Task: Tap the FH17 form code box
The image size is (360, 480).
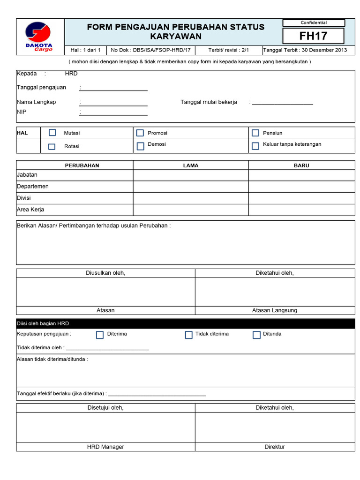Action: click(x=314, y=36)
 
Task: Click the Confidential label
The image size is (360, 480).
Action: click(x=314, y=22)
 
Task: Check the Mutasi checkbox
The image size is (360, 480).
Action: click(x=52, y=133)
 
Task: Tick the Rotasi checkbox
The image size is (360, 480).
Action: click(x=52, y=147)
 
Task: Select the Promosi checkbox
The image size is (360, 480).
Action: click(x=140, y=133)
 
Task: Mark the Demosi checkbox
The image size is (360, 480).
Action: click(x=140, y=146)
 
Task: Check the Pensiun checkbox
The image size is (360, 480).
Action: click(x=255, y=133)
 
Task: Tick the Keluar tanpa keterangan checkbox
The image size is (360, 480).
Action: click(x=255, y=146)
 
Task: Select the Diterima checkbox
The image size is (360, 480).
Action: click(x=100, y=335)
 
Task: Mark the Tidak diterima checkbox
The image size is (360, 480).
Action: click(x=188, y=335)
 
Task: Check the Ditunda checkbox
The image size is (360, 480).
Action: click(x=256, y=335)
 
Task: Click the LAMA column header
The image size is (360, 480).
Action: click(x=191, y=165)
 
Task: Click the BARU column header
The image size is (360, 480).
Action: click(x=301, y=165)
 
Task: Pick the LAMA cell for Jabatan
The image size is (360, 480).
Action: click(x=191, y=175)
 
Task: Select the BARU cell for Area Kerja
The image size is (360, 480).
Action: click(x=301, y=210)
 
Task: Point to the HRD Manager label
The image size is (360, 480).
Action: click(x=105, y=447)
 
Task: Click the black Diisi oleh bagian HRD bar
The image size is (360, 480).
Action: click(x=186, y=323)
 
